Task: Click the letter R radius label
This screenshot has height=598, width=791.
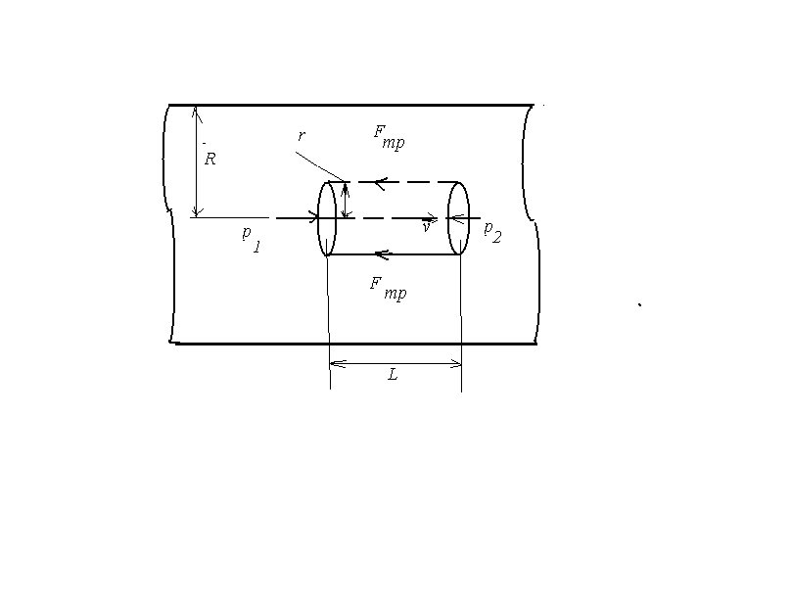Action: [x=210, y=159]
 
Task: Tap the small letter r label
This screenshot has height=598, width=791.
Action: [x=302, y=136]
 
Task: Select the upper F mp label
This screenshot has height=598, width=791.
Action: [x=389, y=137]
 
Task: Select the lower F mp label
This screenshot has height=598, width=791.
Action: [x=388, y=289]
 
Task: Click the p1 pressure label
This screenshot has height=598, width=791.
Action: [x=252, y=239]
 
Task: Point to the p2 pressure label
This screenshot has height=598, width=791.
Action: [x=492, y=232]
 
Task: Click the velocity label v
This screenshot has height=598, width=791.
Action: [x=427, y=227]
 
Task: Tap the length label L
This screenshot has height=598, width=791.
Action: [x=393, y=375]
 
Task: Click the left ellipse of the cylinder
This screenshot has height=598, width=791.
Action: [x=318, y=218]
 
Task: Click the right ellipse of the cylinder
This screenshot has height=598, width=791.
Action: [x=448, y=218]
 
